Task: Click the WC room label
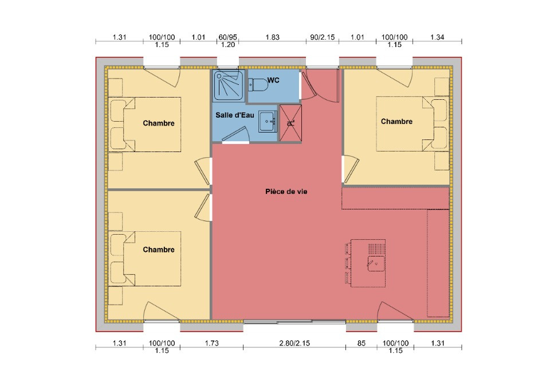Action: (x=273, y=80)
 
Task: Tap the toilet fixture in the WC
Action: (x=258, y=84)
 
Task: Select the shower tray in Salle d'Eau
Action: (x=229, y=85)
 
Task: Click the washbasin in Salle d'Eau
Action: (x=268, y=122)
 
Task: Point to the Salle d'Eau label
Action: (x=235, y=115)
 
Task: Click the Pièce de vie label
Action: (x=286, y=192)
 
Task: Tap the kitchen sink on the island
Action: (x=376, y=263)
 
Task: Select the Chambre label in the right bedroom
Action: (x=396, y=122)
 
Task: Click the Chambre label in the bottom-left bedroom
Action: (x=159, y=250)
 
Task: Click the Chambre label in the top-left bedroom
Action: (x=159, y=123)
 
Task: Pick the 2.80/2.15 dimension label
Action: (x=294, y=343)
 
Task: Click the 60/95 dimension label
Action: (x=227, y=37)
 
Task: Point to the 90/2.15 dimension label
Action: (x=323, y=37)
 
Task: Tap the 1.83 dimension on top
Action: (x=273, y=37)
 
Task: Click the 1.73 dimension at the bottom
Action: (x=212, y=343)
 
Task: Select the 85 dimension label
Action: (x=362, y=344)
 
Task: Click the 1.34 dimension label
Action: (x=437, y=37)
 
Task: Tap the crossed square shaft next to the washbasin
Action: (x=290, y=123)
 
